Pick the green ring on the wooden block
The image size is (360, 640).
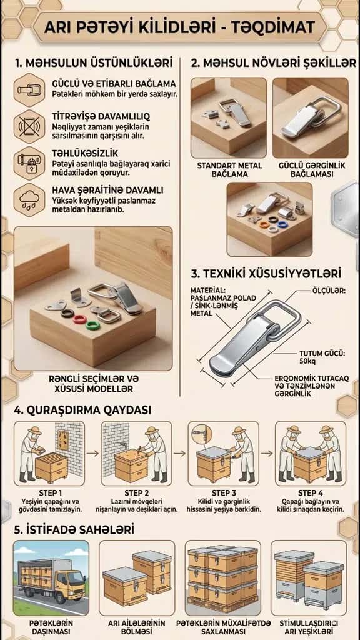tap(92, 326)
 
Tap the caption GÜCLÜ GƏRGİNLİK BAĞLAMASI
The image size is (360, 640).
tap(312, 170)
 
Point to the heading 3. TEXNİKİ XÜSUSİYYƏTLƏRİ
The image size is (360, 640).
tap(266, 272)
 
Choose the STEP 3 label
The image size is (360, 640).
tap(224, 492)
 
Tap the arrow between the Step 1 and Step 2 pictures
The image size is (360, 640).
tap(92, 453)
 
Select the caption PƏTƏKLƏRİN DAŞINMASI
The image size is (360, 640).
tap(51, 627)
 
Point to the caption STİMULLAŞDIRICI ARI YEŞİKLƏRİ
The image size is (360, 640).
tap(309, 627)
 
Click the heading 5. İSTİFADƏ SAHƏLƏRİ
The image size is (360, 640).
tap(74, 530)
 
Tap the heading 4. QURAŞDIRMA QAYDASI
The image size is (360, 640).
tap(83, 409)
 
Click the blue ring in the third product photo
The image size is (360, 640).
tap(282, 224)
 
